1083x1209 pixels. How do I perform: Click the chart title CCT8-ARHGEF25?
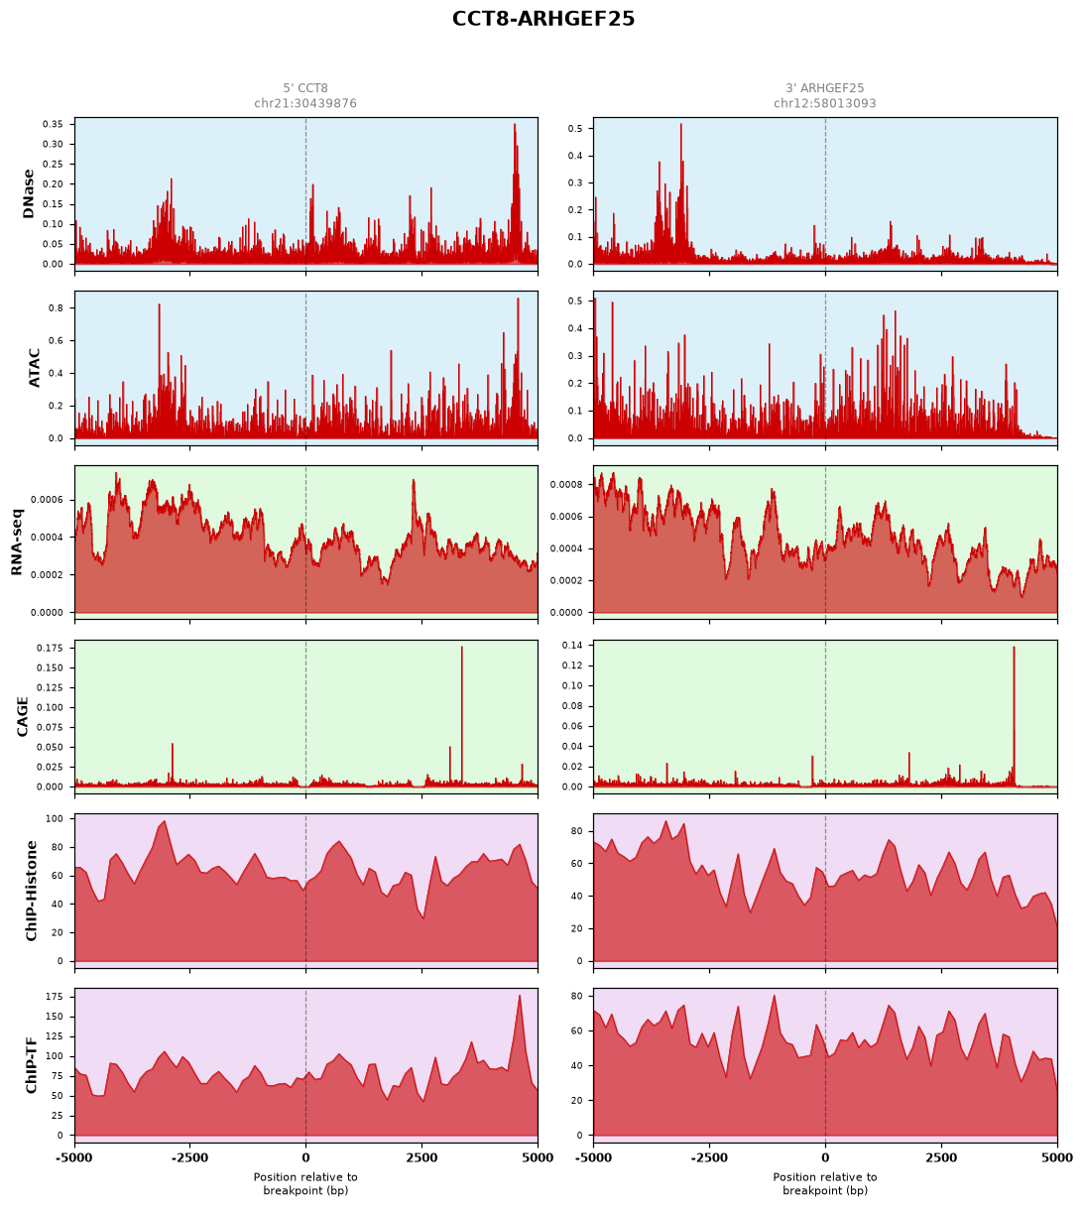point(542,19)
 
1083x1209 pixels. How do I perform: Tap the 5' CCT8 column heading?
point(304,88)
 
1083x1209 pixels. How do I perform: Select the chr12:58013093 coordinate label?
point(824,103)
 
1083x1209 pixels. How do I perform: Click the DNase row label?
point(28,194)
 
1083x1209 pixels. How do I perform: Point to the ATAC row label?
point(34,368)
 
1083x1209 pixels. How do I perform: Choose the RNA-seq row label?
point(17,542)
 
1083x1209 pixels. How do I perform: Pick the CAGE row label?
point(22,716)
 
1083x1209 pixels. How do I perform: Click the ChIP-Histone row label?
point(31,891)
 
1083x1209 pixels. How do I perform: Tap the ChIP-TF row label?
point(31,1065)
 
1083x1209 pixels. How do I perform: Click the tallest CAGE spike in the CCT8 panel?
point(461,648)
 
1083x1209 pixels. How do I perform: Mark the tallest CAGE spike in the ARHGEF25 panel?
point(1014,648)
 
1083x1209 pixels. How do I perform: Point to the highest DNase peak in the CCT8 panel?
point(515,125)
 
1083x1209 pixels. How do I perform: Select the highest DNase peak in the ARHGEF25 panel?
point(680,125)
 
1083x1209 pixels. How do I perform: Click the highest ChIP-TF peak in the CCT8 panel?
point(519,995)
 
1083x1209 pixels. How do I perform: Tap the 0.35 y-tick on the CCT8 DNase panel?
point(53,124)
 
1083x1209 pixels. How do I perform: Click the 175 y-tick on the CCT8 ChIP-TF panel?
point(55,997)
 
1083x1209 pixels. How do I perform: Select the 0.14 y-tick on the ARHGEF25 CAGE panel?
point(572,645)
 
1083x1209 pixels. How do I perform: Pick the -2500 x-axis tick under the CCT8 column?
point(189,1157)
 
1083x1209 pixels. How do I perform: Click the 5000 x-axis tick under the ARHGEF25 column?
point(1057,1157)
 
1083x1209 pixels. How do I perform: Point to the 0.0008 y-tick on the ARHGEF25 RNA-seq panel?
point(566,484)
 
